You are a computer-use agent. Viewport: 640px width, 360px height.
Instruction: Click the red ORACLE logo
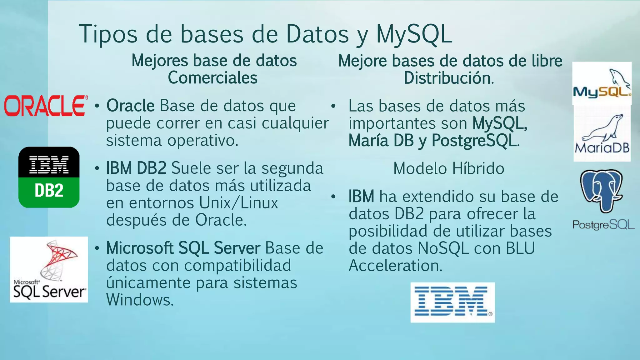[46, 106]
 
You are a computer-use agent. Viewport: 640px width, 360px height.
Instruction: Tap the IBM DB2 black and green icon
[49, 177]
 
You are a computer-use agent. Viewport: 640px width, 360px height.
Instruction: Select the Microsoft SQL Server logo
[49, 269]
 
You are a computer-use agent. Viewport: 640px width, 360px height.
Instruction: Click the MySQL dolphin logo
[602, 83]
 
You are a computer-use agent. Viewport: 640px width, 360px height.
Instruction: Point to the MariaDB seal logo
[602, 134]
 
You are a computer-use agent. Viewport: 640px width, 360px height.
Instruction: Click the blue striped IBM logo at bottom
[452, 302]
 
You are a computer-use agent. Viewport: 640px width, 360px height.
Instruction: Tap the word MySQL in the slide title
[414, 34]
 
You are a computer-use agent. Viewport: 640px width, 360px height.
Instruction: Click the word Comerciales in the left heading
[212, 77]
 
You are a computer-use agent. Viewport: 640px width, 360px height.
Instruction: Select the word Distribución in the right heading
[448, 78]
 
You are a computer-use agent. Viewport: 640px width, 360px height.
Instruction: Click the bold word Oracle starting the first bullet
[130, 106]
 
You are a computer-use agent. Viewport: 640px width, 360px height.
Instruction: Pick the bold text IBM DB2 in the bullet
[136, 168]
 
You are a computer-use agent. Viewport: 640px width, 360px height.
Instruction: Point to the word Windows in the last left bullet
[139, 300]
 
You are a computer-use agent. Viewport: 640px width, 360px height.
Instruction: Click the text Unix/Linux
[238, 203]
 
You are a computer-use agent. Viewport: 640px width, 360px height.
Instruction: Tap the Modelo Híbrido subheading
[448, 168]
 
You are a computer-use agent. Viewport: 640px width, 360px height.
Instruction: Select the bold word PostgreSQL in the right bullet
[474, 140]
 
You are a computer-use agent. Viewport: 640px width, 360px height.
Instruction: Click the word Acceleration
[395, 266]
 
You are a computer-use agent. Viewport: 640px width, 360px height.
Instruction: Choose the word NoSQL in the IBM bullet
[443, 248]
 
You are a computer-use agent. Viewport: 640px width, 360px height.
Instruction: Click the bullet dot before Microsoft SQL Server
[97, 248]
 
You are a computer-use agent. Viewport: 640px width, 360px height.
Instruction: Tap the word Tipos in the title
[108, 34]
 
